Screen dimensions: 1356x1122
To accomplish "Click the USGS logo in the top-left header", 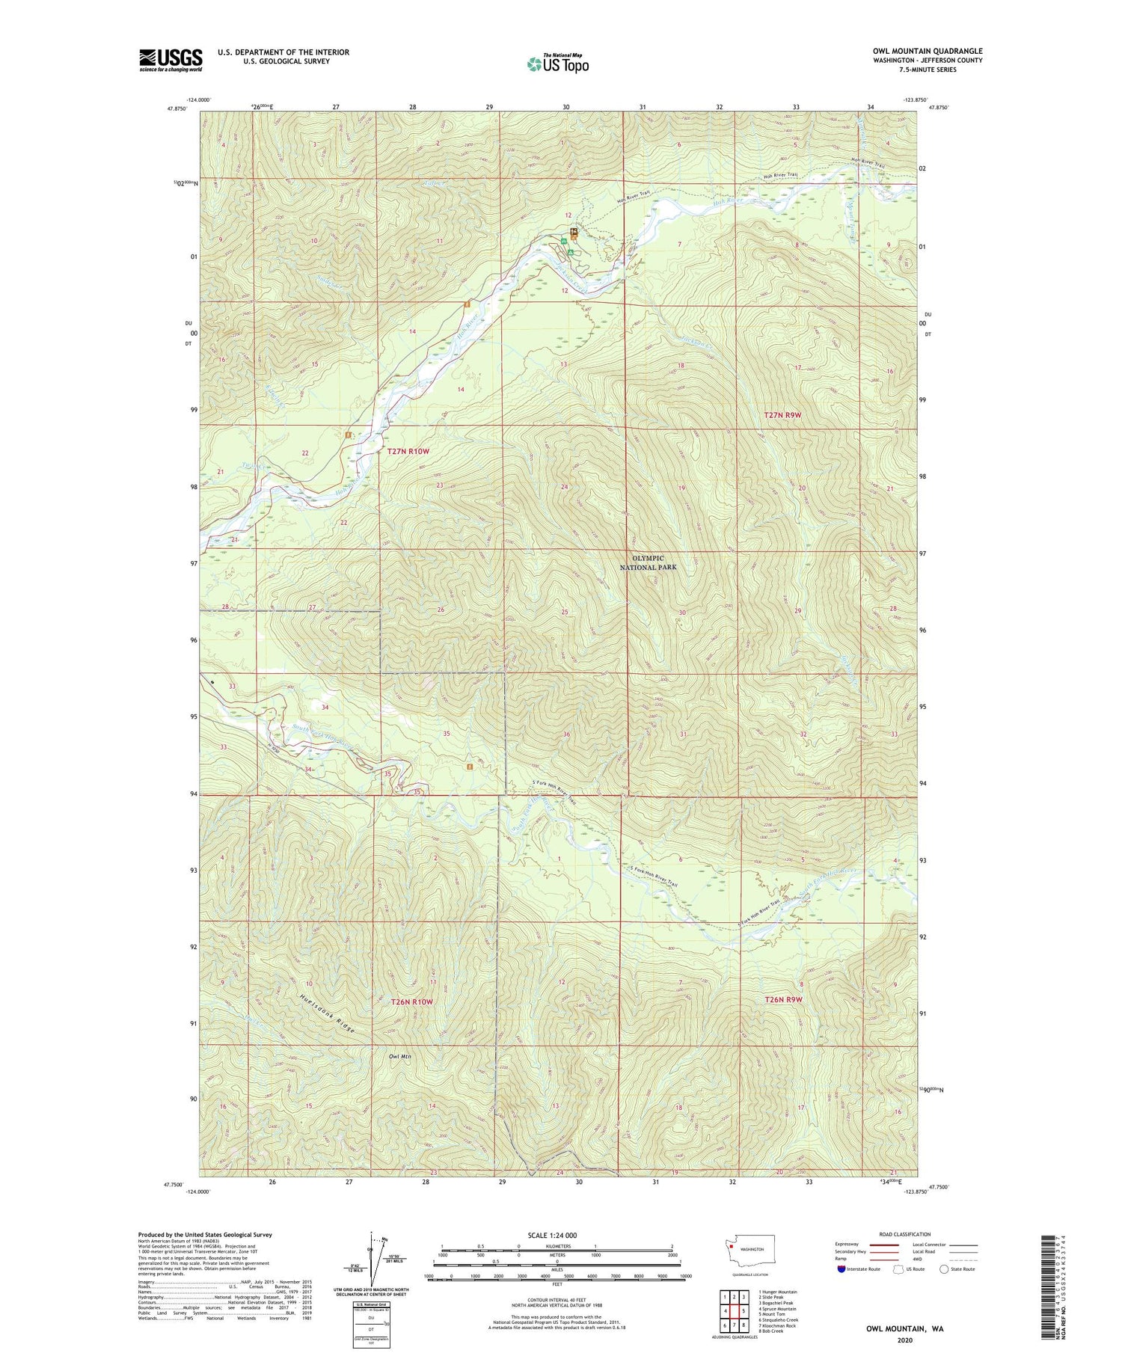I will coord(171,60).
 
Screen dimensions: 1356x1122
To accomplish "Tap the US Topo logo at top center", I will coord(557,64).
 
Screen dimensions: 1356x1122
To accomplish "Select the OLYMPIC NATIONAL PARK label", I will coord(648,562).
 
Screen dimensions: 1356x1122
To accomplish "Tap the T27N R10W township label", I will coord(408,451).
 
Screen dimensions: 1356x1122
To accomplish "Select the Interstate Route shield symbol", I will coord(842,1269).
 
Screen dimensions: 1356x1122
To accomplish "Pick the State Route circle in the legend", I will coord(945,1269).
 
